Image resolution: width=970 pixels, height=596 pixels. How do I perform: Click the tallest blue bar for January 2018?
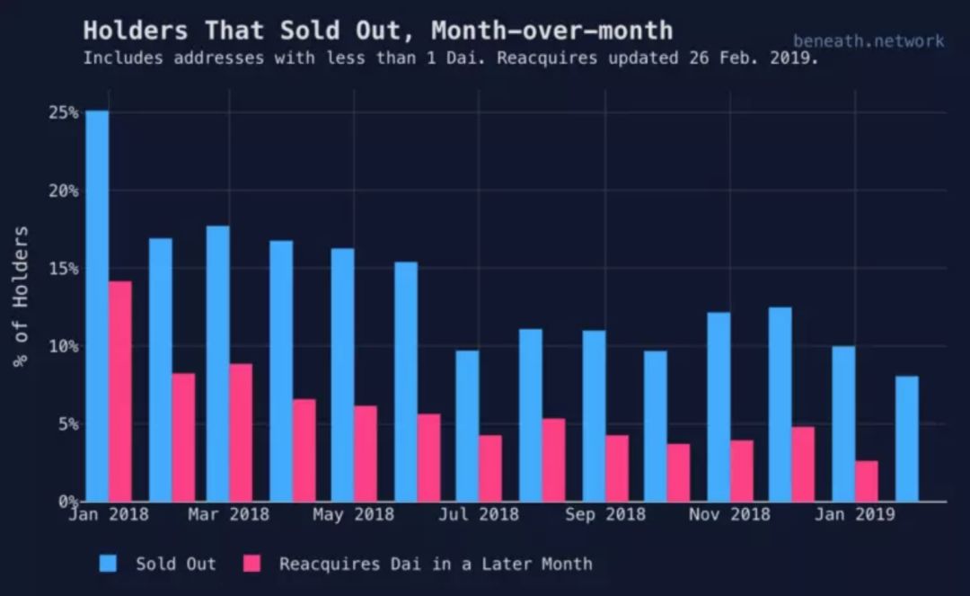(x=97, y=306)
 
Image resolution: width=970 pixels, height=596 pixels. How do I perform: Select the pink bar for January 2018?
(x=120, y=391)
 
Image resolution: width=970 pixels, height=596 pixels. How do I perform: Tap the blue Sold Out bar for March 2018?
(x=217, y=363)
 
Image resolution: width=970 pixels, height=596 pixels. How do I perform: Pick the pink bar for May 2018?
(x=366, y=454)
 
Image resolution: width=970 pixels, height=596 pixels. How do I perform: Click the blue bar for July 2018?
(x=467, y=426)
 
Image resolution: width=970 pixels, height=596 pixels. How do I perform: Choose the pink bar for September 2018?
(x=617, y=467)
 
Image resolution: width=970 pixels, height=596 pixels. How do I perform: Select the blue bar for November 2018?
(x=719, y=406)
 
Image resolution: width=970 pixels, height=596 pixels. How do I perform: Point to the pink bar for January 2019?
(x=867, y=481)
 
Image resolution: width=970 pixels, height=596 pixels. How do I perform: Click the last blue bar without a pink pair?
(x=907, y=439)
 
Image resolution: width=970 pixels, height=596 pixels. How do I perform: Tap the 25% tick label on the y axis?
(x=64, y=112)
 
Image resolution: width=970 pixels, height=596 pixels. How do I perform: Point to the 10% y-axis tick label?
(x=64, y=346)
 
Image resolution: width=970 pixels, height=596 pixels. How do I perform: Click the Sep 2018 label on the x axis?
(x=605, y=514)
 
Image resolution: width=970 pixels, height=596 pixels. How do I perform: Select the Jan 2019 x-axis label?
(x=855, y=514)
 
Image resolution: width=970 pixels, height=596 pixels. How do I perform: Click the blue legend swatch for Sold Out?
(x=108, y=564)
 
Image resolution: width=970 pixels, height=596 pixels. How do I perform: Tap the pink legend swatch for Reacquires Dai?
(x=251, y=564)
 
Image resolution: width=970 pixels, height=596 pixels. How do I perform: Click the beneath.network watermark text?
(x=869, y=40)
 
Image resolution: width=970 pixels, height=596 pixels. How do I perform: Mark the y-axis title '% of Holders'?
(x=21, y=297)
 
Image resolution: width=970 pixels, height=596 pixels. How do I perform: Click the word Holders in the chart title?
(x=136, y=31)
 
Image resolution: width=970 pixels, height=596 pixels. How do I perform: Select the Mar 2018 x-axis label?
(x=229, y=514)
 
